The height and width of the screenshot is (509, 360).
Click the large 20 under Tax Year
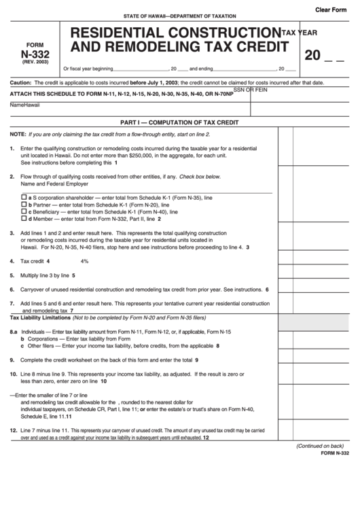[x=312, y=55]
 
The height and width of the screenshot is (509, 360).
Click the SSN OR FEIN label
[x=251, y=90]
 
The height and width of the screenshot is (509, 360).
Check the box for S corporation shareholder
[x=23, y=196]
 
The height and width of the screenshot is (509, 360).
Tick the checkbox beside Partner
[x=23, y=204]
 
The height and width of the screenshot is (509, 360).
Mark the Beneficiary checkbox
[x=23, y=211]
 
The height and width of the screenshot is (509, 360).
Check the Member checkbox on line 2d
[x=23, y=219]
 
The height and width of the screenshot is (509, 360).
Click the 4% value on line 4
[x=84, y=261]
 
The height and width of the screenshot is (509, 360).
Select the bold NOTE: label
[x=18, y=135]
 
